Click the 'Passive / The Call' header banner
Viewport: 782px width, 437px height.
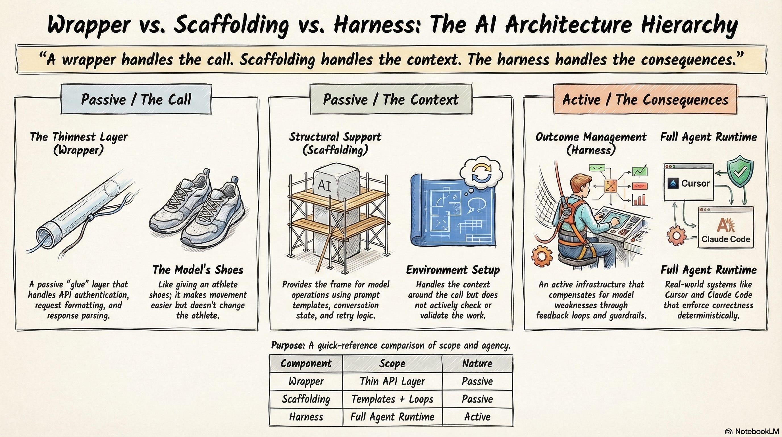point(136,99)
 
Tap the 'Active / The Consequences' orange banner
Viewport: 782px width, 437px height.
point(645,99)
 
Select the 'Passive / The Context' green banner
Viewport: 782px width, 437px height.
point(391,99)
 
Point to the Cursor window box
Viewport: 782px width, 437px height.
point(689,182)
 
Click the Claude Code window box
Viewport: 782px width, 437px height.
point(725,227)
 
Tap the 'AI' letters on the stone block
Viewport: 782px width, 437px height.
point(324,185)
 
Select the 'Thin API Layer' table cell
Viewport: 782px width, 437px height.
point(392,381)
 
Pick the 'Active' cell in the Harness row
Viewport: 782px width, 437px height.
point(477,417)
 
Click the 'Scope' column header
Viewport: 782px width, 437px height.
point(392,364)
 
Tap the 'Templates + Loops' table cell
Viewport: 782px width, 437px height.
point(392,399)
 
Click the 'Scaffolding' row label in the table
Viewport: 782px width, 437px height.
point(306,399)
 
